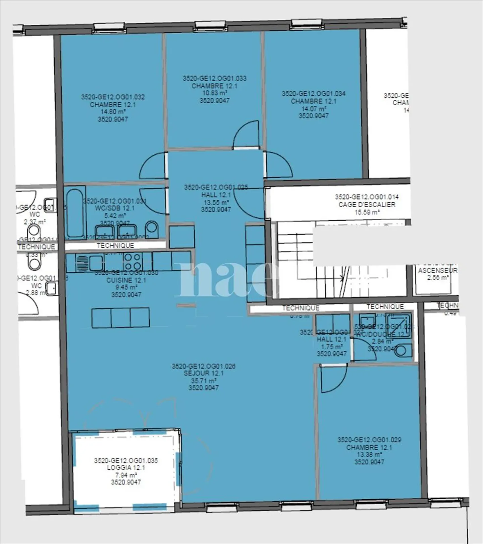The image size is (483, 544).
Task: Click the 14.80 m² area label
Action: pyautogui.click(x=113, y=112)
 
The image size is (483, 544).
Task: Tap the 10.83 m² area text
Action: pyautogui.click(x=214, y=93)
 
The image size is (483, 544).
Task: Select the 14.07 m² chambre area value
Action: pyautogui.click(x=313, y=108)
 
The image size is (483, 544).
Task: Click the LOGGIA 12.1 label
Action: pyautogui.click(x=126, y=468)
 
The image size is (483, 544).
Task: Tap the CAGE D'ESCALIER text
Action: pyautogui.click(x=367, y=205)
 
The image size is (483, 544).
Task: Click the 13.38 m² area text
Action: pyautogui.click(x=369, y=455)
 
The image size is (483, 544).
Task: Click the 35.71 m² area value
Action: pyautogui.click(x=203, y=381)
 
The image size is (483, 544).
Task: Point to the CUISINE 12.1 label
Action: pyautogui.click(x=126, y=280)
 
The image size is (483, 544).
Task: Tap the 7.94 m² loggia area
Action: pyautogui.click(x=126, y=475)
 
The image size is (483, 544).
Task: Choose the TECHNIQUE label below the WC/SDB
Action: pyautogui.click(x=115, y=246)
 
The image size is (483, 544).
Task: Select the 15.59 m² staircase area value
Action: pyautogui.click(x=367, y=212)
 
